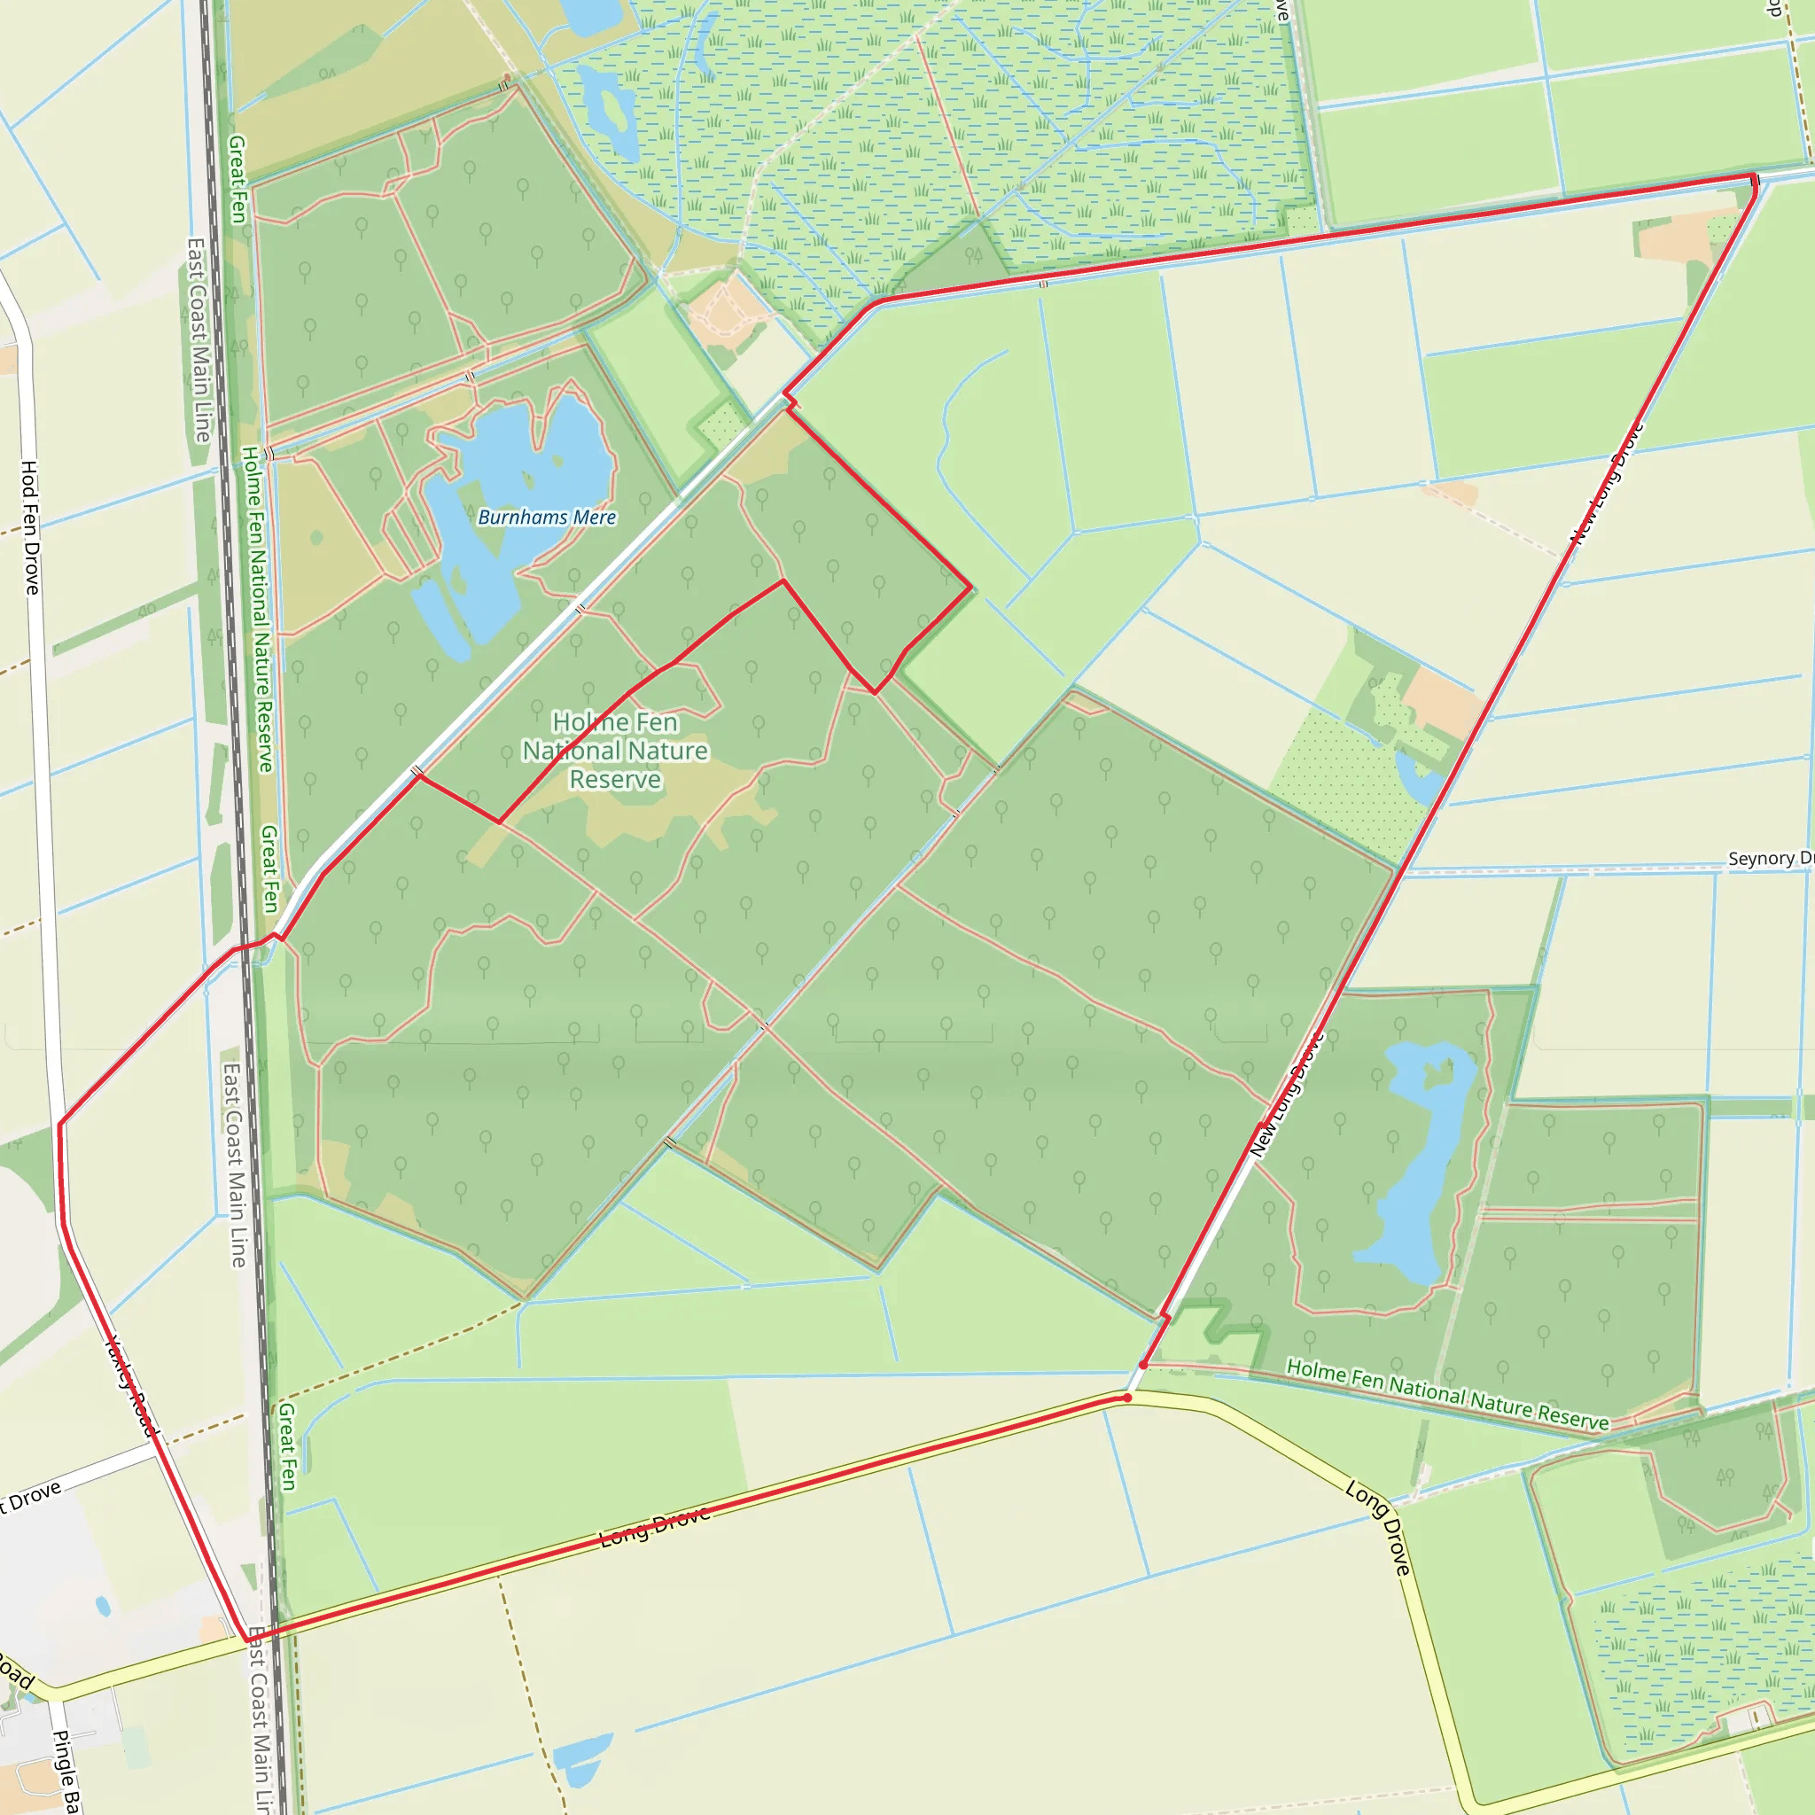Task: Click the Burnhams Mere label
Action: point(547,517)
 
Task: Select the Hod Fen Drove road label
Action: point(30,527)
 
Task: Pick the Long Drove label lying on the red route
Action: point(655,1528)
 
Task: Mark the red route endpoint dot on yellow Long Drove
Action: point(1127,1398)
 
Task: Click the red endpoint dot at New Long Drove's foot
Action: point(1143,1364)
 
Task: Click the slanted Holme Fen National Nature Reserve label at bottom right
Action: point(1446,1395)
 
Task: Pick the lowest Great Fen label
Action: point(287,1446)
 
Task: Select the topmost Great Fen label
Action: point(237,178)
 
